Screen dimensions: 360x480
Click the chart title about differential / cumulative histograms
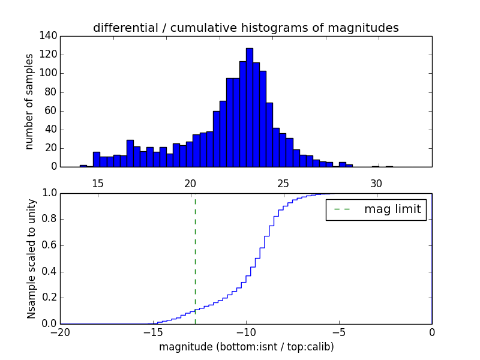click(x=246, y=28)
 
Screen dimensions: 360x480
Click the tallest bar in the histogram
click(x=250, y=108)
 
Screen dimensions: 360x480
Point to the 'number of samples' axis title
click(x=29, y=101)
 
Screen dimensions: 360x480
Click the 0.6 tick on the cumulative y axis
click(x=50, y=245)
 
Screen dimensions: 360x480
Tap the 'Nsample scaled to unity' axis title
click(x=31, y=258)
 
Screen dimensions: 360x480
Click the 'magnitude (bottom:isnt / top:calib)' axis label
click(x=246, y=347)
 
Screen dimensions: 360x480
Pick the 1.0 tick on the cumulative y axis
click(x=50, y=193)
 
